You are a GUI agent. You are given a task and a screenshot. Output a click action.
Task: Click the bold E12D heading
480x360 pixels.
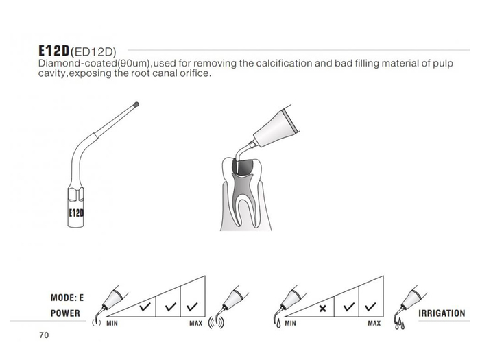coord(54,51)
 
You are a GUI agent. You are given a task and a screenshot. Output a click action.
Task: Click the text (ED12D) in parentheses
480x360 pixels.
coord(93,52)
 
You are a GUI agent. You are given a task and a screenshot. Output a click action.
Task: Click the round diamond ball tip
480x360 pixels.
coord(136,105)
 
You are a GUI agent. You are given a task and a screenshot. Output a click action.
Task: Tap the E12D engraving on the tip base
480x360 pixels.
coord(76,213)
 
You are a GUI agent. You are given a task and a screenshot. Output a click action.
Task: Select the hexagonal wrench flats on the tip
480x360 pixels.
coord(75,194)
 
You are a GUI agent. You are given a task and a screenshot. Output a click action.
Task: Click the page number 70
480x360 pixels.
coord(44,335)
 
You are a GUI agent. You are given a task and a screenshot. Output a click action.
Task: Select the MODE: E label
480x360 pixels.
coord(67,298)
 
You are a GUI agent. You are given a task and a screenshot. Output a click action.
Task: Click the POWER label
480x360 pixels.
coord(65,313)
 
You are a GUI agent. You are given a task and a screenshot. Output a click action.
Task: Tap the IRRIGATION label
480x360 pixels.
coord(442,313)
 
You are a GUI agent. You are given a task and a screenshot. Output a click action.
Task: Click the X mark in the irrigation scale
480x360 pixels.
coord(322,309)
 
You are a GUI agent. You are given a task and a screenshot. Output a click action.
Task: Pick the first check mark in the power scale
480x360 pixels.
coord(145,307)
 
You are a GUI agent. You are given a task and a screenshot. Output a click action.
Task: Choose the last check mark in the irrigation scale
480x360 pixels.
coord(370,307)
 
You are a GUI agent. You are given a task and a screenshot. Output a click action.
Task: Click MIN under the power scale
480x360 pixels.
coord(112,323)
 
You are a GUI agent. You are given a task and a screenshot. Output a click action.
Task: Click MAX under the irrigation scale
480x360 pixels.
coord(374,323)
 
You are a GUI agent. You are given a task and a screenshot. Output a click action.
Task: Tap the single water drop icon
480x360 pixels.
coord(278,324)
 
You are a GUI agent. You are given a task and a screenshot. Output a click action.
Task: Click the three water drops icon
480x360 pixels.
coord(400,324)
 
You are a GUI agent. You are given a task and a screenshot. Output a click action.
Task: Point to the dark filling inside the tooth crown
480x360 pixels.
coord(246,167)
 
